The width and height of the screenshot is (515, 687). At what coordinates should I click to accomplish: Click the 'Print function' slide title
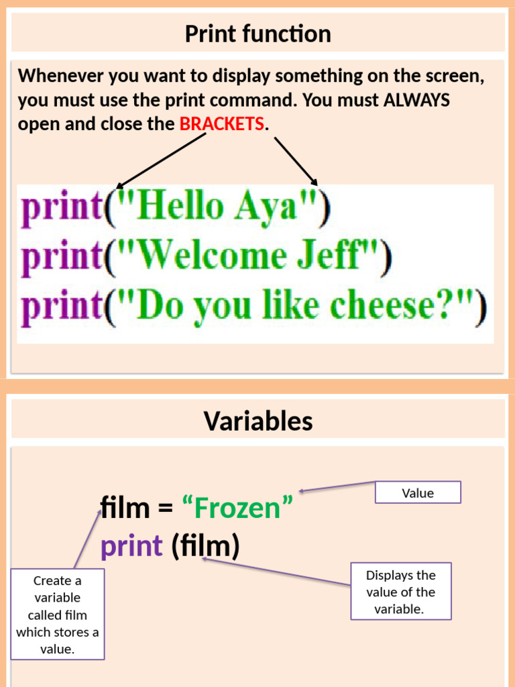pos(257,34)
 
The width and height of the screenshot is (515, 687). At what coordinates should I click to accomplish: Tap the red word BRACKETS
pos(221,124)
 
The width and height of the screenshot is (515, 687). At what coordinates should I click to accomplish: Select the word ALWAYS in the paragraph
pos(416,101)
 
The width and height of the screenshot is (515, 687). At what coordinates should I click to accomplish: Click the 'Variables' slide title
pos(257,421)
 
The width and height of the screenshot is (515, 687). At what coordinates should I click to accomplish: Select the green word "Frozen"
pos(237,508)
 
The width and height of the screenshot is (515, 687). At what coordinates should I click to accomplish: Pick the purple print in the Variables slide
pos(131,547)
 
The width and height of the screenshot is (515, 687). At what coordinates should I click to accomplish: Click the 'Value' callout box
pos(417,492)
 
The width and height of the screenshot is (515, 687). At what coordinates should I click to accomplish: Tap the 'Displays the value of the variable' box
pos(400,591)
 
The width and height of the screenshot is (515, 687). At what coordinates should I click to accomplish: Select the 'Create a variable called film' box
pos(57,614)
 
